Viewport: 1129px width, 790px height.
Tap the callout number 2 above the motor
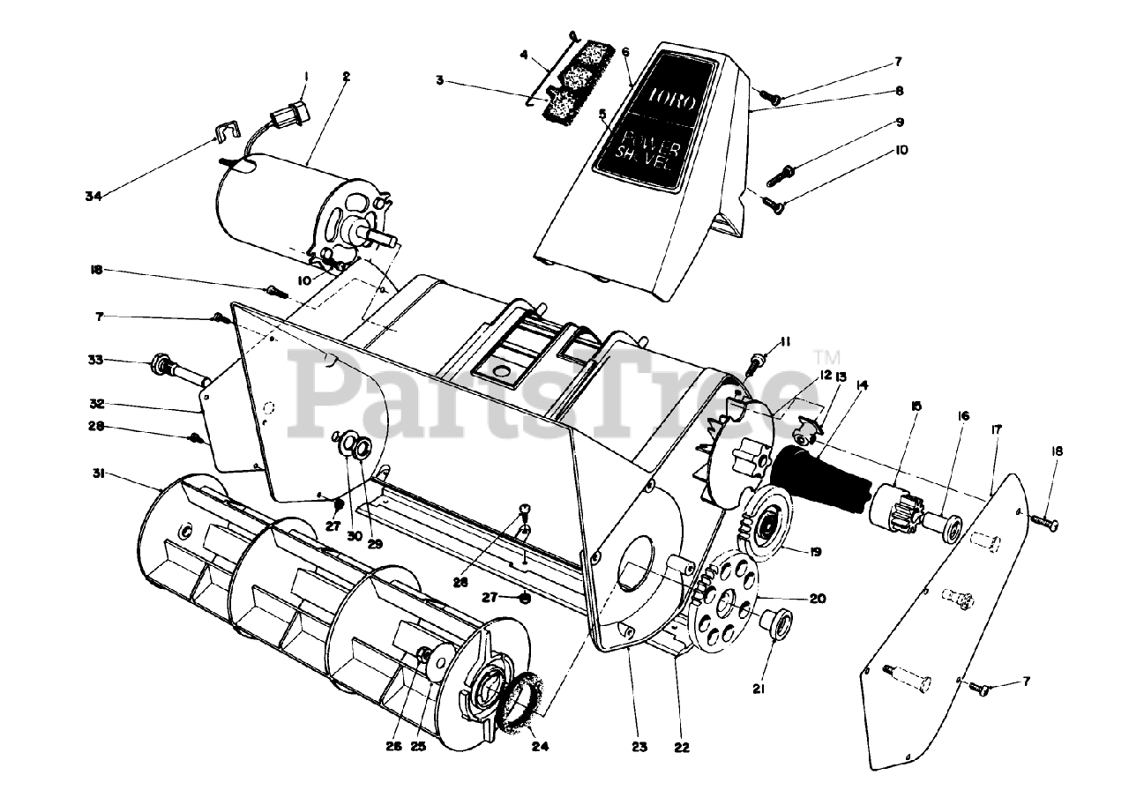(x=347, y=77)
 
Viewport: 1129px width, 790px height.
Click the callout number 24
(x=540, y=747)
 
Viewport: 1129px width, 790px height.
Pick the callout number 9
(x=899, y=122)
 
